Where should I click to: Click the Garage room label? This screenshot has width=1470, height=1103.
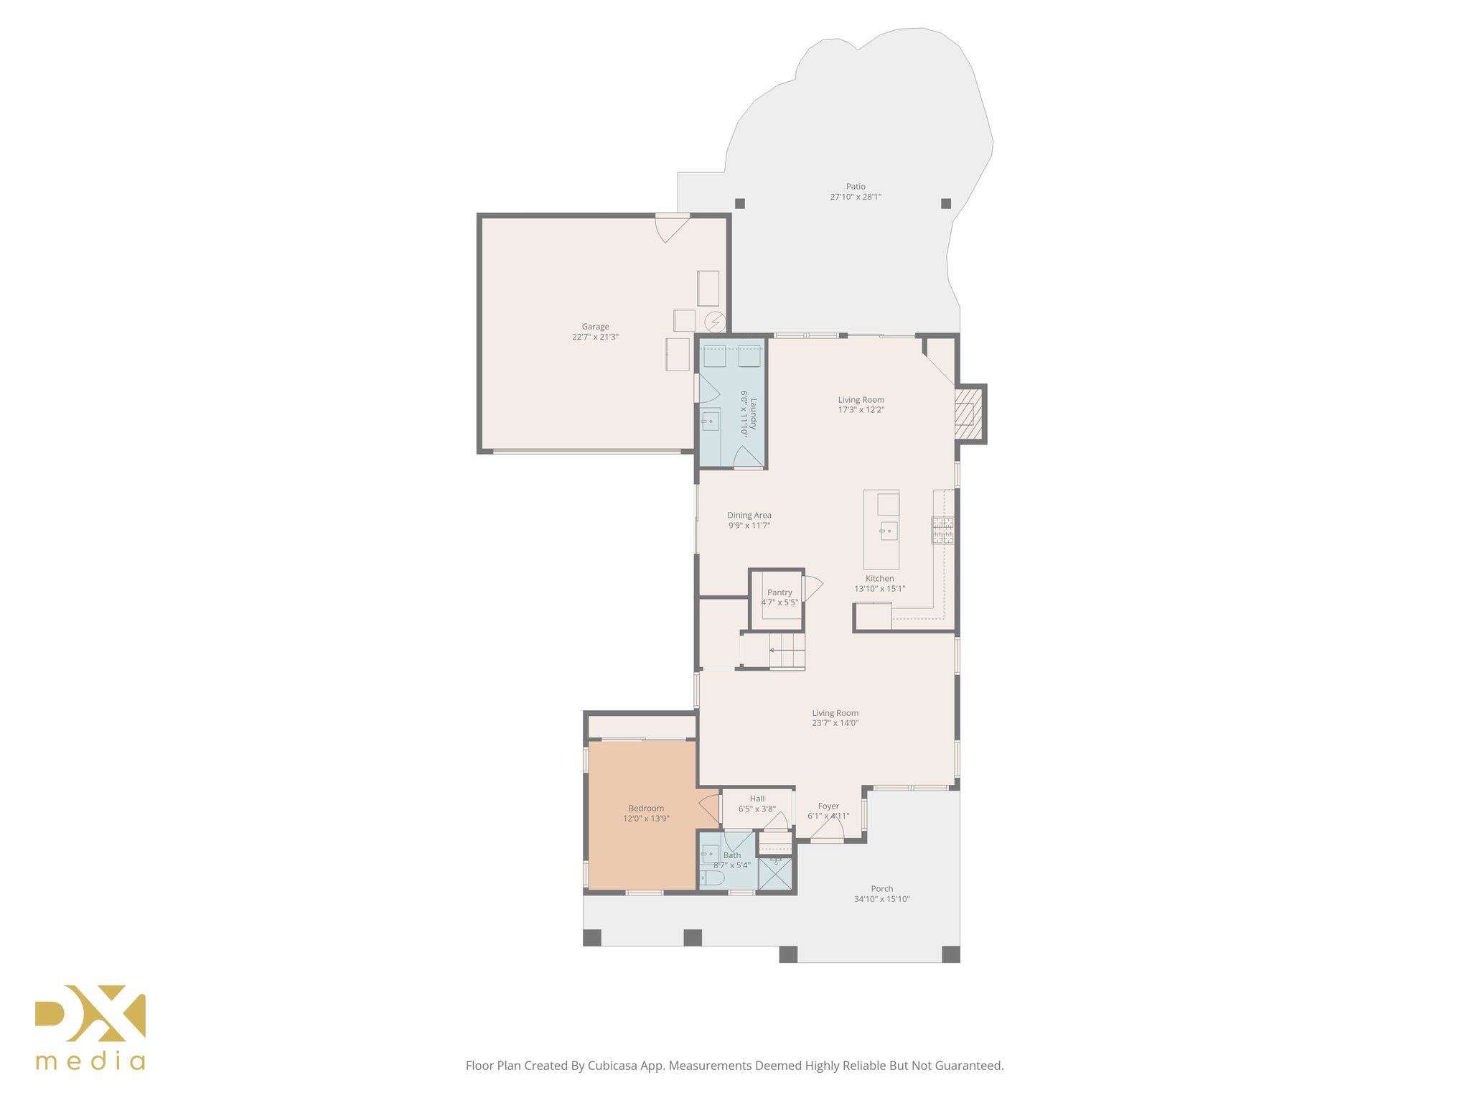595,327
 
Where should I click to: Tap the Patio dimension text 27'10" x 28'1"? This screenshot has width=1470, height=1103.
856,197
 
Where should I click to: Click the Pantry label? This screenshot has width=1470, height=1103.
780,592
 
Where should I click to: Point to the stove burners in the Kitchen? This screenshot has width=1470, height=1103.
942,530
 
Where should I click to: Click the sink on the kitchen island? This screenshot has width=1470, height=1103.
889,531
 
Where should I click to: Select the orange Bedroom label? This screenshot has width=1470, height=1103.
646,809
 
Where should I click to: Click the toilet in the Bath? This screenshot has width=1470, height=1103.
713,878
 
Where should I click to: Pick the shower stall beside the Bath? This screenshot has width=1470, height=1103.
776,875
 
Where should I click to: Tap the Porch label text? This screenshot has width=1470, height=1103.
881,889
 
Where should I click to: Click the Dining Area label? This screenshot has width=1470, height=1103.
749,516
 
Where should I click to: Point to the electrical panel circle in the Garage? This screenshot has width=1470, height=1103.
715,322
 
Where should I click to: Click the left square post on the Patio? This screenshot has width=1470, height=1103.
740,203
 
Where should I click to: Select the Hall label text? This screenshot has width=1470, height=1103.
757,799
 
